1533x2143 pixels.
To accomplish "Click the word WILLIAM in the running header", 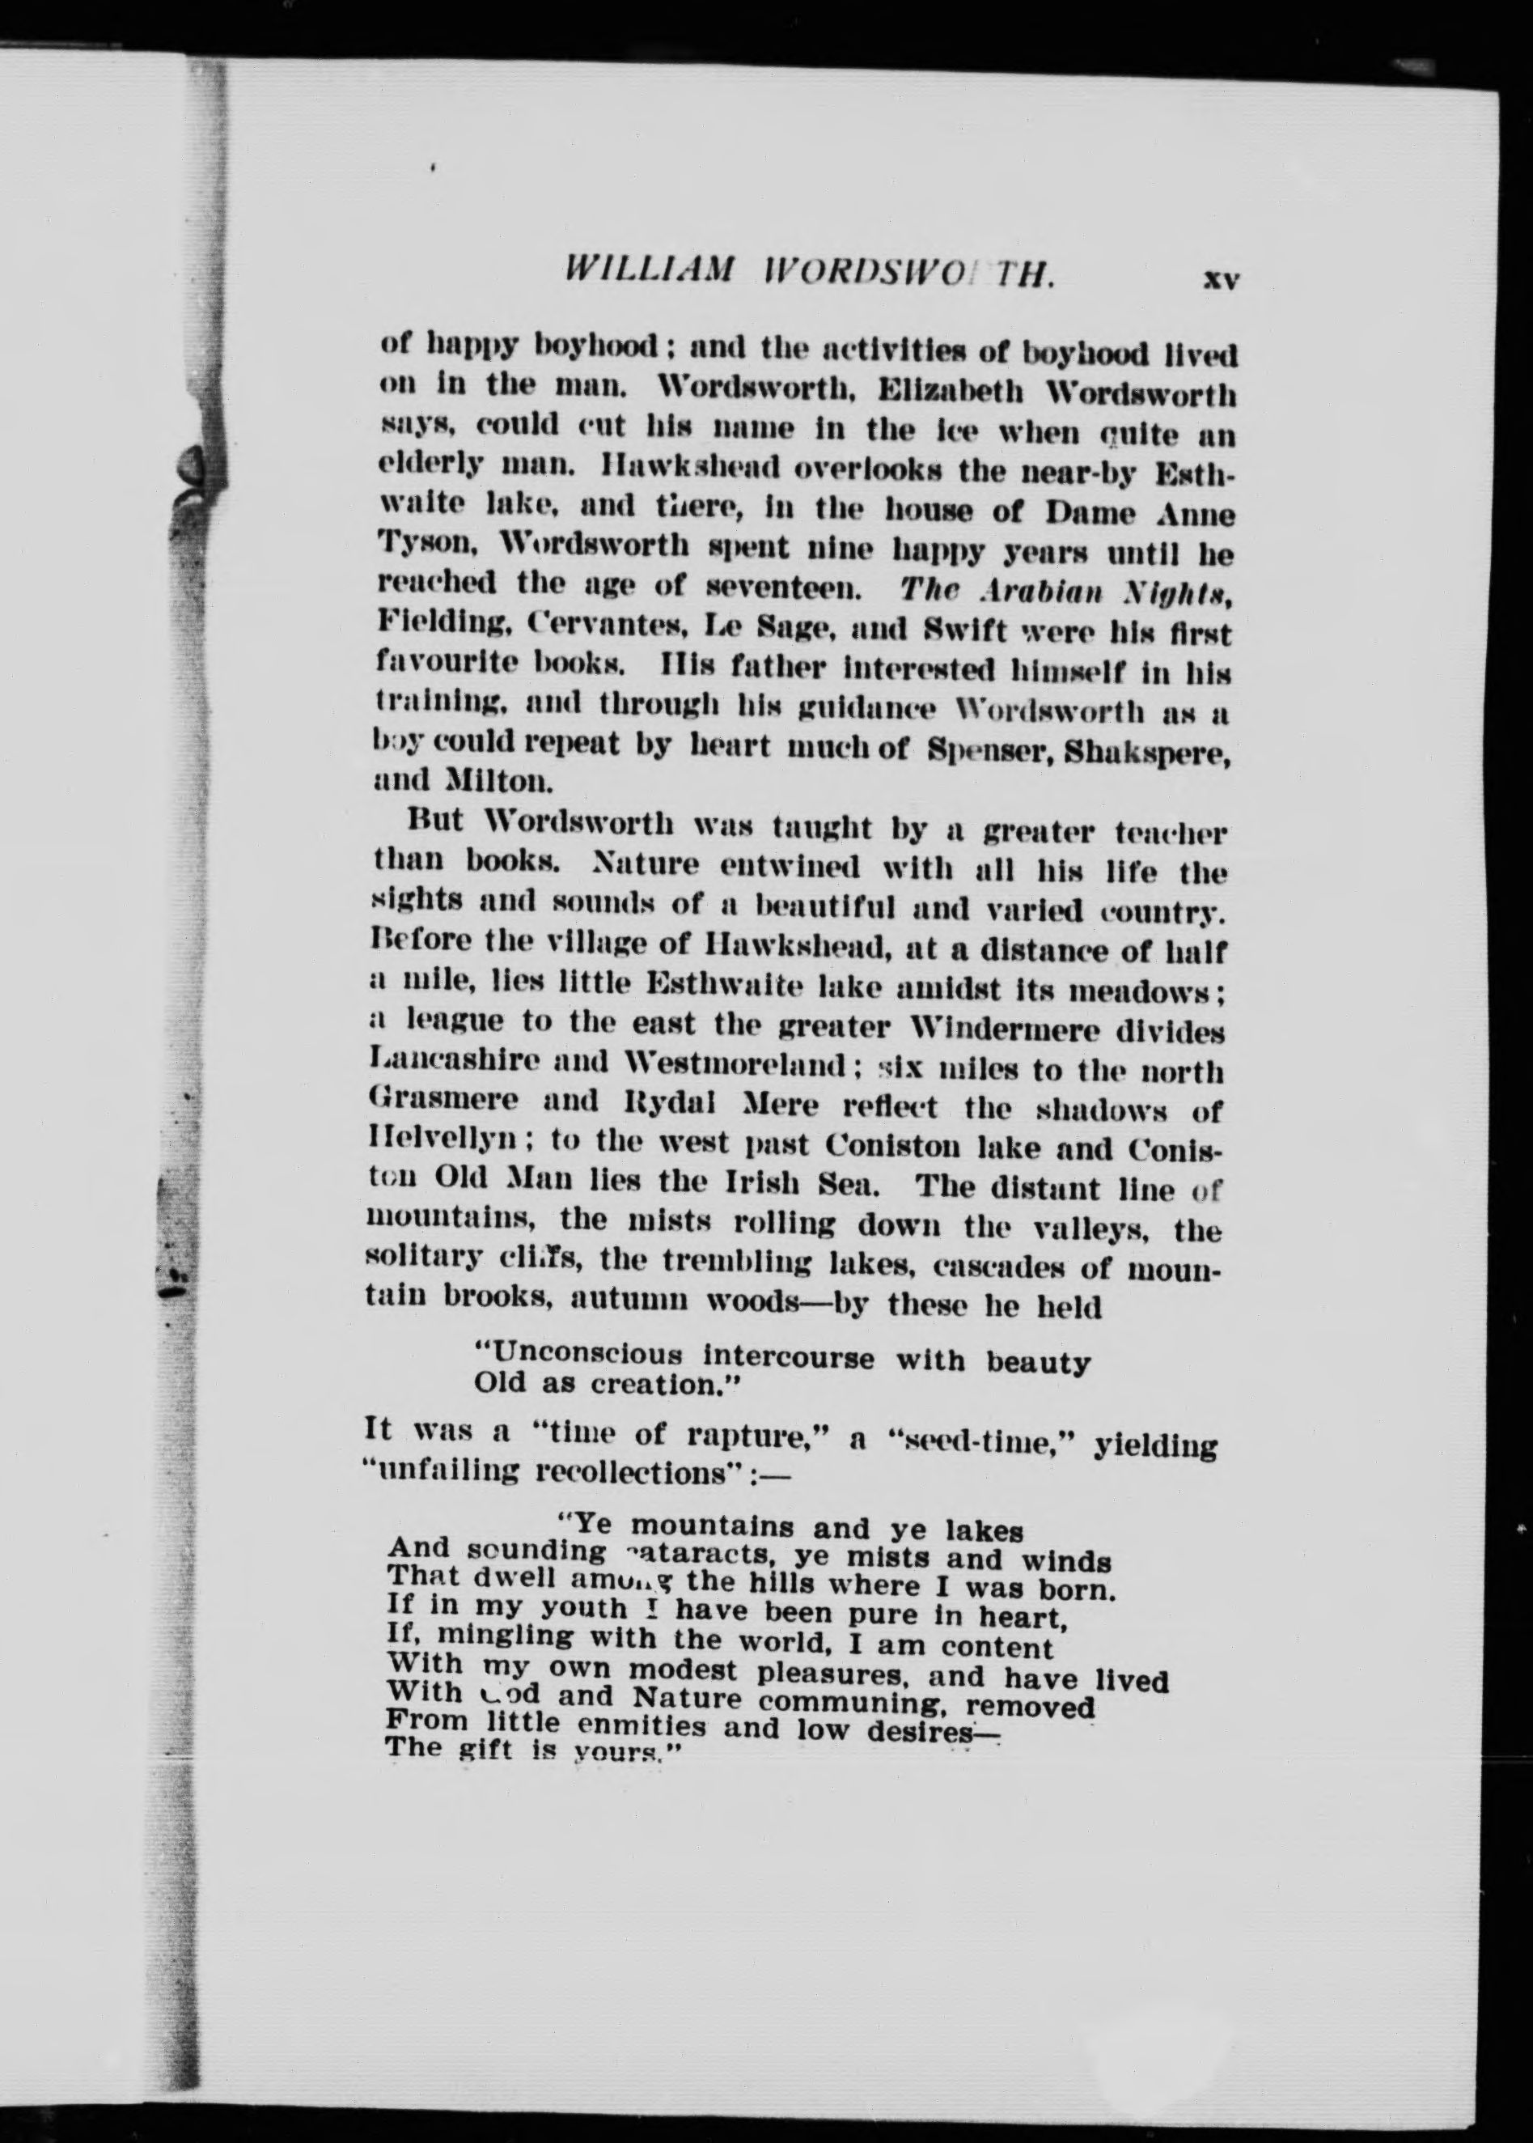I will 647,271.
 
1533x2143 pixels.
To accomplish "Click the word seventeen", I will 784,589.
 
